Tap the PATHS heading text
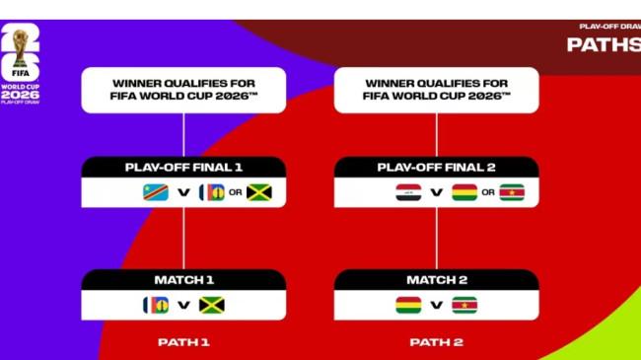[602, 44]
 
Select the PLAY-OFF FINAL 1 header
[183, 167]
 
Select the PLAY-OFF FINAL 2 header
[436, 167]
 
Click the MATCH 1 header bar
[183, 280]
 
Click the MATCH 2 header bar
[436, 280]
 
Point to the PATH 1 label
[183, 342]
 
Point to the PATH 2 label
[436, 342]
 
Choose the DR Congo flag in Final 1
[156, 192]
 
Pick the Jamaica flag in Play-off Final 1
[259, 192]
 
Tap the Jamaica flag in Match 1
[211, 305]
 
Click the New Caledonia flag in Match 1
[156, 305]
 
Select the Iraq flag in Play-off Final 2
[407, 192]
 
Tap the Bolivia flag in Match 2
[407, 305]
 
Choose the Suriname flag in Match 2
[463, 305]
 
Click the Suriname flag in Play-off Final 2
[512, 192]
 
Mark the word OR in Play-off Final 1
[236, 192]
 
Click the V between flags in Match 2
[436, 305]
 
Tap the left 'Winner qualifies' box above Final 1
[183, 90]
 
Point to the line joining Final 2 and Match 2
[436, 238]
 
